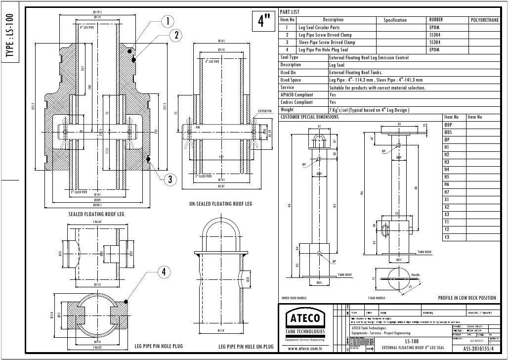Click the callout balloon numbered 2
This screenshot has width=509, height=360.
(175, 36)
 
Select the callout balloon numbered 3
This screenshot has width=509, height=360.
(170, 180)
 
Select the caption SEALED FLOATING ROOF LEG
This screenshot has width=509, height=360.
(96, 215)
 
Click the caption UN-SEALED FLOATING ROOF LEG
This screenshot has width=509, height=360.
(220, 204)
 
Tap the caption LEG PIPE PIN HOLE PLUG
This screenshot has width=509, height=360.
(159, 346)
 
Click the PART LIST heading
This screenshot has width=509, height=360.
(290, 12)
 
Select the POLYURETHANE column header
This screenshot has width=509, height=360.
(484, 20)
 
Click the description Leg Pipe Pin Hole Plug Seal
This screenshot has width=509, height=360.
(323, 50)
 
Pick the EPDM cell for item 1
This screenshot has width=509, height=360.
(434, 28)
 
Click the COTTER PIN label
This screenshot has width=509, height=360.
(265, 111)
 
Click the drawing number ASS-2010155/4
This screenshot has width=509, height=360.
(481, 349)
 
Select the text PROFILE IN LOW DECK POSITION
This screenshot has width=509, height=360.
(467, 298)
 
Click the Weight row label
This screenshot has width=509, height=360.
(287, 110)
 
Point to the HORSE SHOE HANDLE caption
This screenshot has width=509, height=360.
(294, 299)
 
